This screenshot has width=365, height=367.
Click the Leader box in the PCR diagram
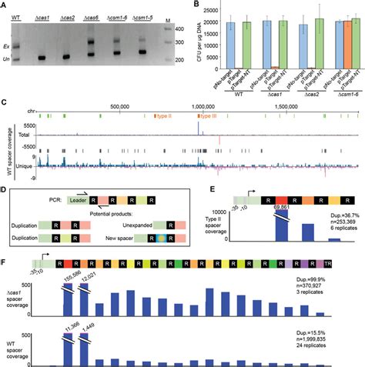66,199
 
